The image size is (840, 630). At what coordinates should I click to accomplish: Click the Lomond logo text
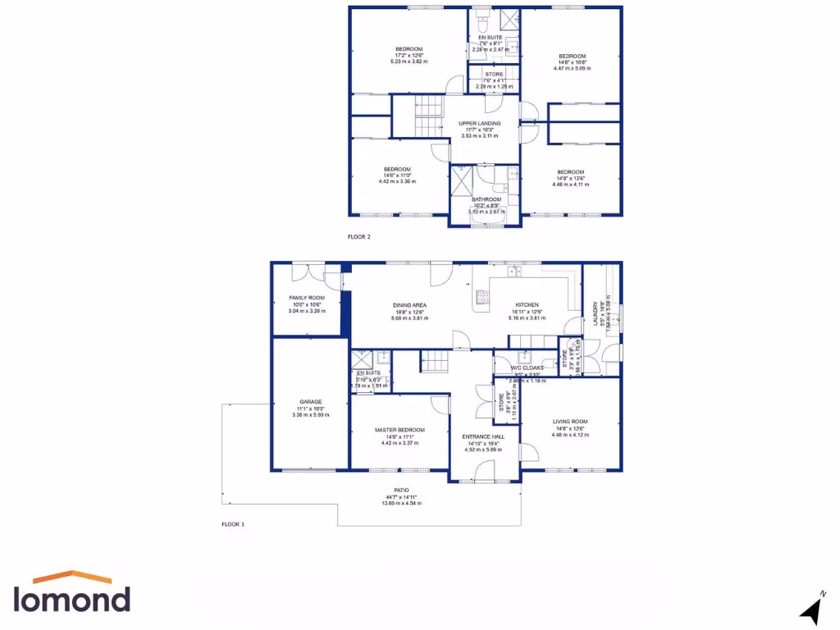coord(71,598)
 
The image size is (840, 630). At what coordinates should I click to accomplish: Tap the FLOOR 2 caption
coord(359,237)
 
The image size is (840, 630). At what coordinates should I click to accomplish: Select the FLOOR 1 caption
coord(233,523)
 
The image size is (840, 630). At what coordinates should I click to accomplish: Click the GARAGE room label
coord(310,402)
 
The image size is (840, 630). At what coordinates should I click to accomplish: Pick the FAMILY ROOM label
coord(307,298)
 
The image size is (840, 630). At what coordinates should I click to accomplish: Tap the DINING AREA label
coord(409,305)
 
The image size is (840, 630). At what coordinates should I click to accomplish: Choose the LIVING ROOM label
coord(570,422)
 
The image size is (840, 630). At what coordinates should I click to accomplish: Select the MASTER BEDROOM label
coord(399,430)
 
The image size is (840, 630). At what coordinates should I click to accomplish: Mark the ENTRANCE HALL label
coord(484,436)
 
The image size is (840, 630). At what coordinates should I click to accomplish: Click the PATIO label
coord(401,490)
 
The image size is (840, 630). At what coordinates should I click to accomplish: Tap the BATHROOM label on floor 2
coord(486,199)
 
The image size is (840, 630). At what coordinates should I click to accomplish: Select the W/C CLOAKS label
coord(527,367)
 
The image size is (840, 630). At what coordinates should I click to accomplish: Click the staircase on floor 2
coord(427,116)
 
